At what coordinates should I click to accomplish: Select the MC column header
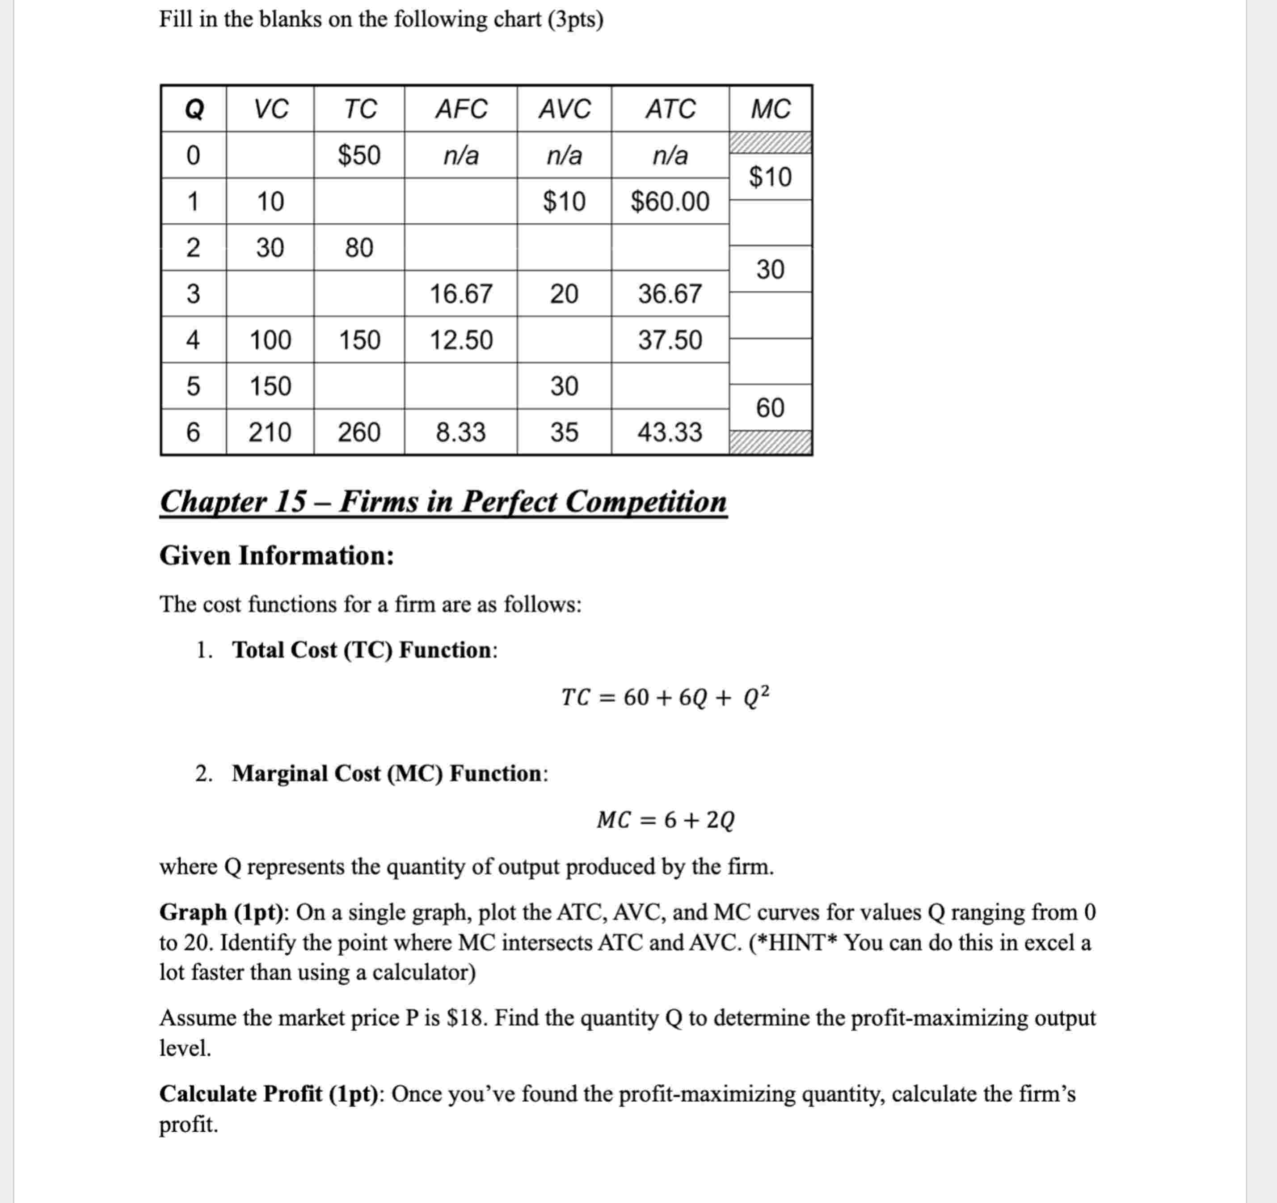pyautogui.click(x=770, y=109)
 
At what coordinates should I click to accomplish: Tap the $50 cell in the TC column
pyautogui.click(x=359, y=155)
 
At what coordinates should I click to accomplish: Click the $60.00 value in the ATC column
pyautogui.click(x=670, y=201)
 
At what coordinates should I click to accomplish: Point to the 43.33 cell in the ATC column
pyautogui.click(x=670, y=432)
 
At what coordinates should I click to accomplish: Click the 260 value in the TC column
pyautogui.click(x=359, y=432)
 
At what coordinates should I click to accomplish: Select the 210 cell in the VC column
pyautogui.click(x=270, y=432)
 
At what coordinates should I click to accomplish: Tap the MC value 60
pyautogui.click(x=770, y=407)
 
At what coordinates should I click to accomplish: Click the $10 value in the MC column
pyautogui.click(x=770, y=177)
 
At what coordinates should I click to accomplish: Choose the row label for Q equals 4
pyautogui.click(x=193, y=340)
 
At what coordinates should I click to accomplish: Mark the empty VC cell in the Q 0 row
pyautogui.click(x=270, y=155)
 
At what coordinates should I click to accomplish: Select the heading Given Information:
pyautogui.click(x=276, y=556)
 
